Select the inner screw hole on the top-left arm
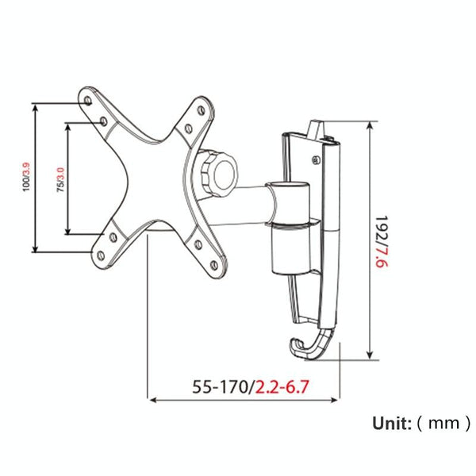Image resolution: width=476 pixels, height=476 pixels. (105, 121)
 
